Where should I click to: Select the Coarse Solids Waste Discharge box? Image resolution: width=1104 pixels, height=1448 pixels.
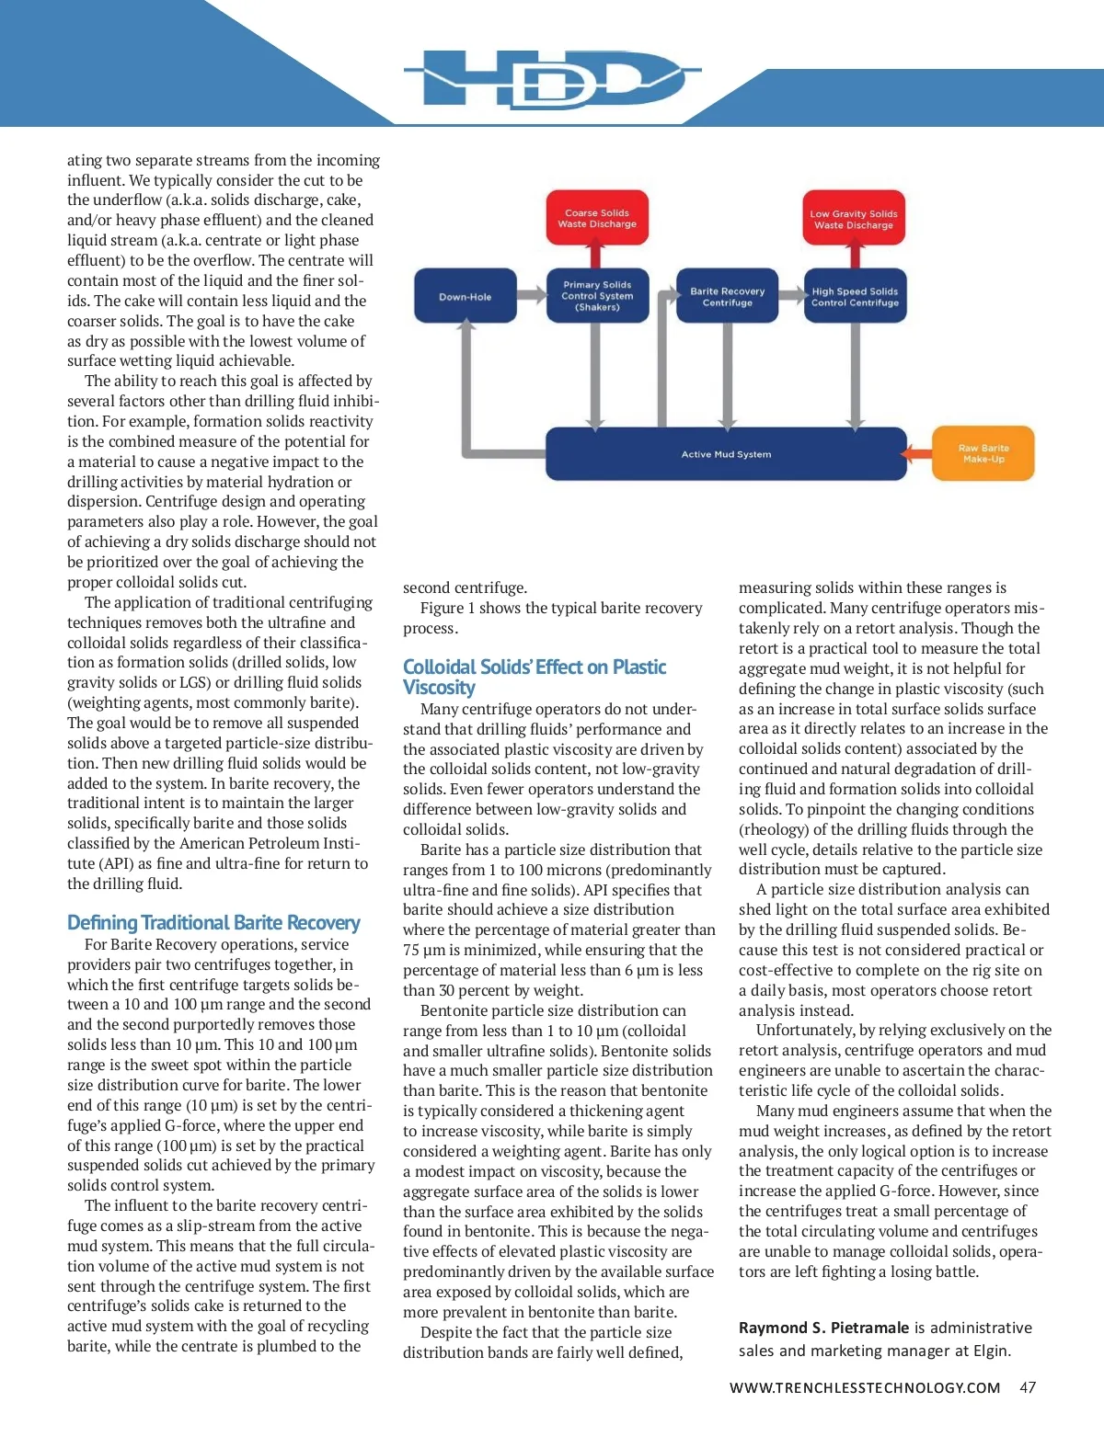(597, 218)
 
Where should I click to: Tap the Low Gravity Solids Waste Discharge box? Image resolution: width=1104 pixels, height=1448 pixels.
(854, 219)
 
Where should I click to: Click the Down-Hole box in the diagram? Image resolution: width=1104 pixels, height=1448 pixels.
(465, 296)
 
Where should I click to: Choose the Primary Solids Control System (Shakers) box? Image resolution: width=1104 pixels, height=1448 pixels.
(597, 296)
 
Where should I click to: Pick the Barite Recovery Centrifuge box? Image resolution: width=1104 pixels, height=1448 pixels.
(727, 296)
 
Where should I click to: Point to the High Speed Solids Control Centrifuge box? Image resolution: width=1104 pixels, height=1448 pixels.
(855, 296)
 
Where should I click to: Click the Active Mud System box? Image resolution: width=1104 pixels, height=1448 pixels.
(726, 454)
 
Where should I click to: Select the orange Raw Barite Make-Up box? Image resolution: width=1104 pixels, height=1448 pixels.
(983, 453)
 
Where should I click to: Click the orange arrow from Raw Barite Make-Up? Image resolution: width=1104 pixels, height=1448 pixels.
(918, 453)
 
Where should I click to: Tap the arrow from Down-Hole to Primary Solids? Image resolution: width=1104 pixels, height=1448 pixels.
(531, 295)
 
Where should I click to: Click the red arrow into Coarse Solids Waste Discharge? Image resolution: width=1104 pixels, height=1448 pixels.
(597, 255)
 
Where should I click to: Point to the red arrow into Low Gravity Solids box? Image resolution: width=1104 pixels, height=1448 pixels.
(854, 256)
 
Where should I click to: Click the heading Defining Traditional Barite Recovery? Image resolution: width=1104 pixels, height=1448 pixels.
(213, 922)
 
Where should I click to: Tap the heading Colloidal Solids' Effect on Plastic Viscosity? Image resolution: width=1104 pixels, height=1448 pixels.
(534, 677)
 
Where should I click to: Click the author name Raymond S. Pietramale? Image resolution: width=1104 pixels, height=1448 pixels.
(823, 1328)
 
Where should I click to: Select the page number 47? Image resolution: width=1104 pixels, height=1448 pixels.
(1028, 1387)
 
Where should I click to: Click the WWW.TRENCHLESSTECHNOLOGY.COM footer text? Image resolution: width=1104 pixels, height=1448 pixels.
(864, 1387)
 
